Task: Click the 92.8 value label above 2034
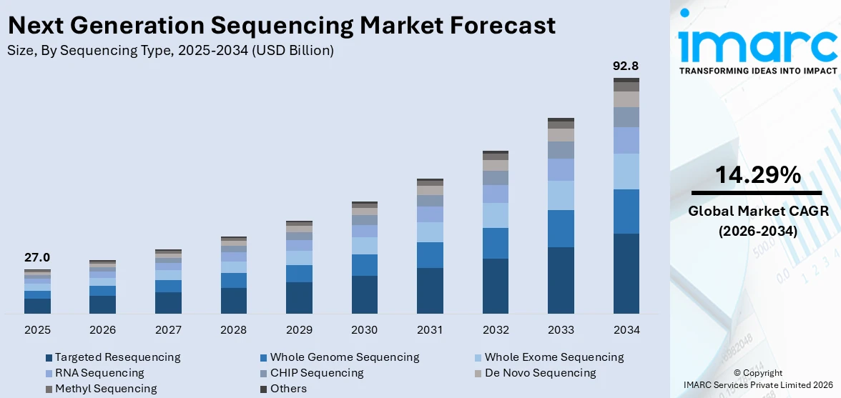626,66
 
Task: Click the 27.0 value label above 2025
37,258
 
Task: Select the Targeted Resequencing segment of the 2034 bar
626,273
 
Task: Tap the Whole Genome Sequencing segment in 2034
626,211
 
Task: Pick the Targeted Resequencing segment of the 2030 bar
364,294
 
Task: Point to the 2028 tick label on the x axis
233,330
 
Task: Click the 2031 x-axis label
430,330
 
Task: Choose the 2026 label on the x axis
102,330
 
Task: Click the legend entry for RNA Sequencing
99,373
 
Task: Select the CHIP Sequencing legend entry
316,373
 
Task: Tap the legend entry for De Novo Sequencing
540,373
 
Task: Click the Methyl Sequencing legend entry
105,389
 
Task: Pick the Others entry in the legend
288,389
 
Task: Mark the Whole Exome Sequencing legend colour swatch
478,357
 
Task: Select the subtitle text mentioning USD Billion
170,51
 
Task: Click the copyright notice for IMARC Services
757,378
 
